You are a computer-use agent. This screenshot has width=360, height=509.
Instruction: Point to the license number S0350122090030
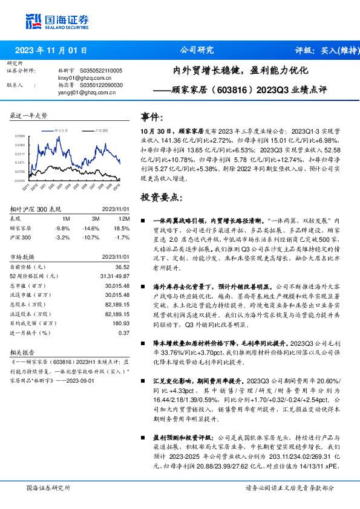(x=103, y=85)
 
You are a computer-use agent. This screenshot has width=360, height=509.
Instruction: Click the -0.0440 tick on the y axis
(x=20, y=180)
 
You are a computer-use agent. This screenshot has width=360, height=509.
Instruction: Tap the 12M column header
(x=124, y=218)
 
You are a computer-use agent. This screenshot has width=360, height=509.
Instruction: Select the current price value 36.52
(x=122, y=267)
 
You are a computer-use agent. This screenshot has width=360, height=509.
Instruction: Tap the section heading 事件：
(x=152, y=117)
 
